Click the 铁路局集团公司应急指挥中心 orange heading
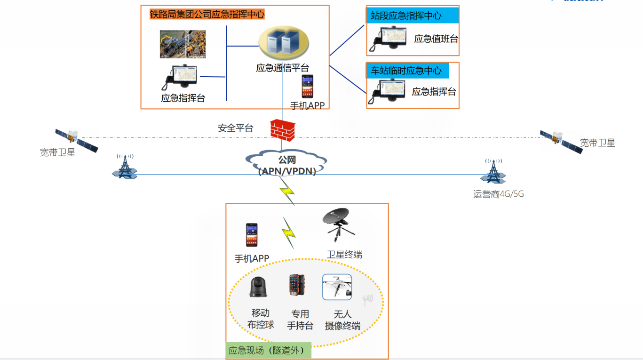pos(207,15)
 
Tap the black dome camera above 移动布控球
pos(258,287)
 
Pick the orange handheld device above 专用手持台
pos(297,285)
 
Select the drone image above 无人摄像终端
pos(337,287)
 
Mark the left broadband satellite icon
pos(76,140)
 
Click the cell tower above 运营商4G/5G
pos(493,171)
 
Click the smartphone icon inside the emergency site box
pos(252,235)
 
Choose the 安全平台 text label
pos(235,128)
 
